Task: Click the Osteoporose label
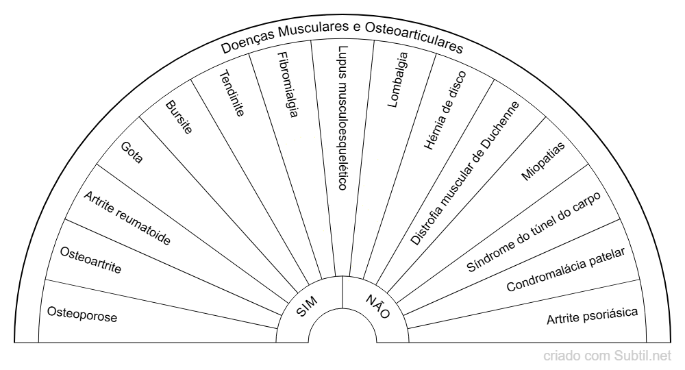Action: coord(82,314)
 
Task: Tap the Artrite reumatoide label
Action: coord(127,219)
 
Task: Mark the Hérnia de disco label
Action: coord(445,103)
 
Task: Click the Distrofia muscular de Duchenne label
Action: coord(465,173)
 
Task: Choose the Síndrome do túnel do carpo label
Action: coord(534,232)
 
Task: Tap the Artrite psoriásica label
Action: coord(593,315)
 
